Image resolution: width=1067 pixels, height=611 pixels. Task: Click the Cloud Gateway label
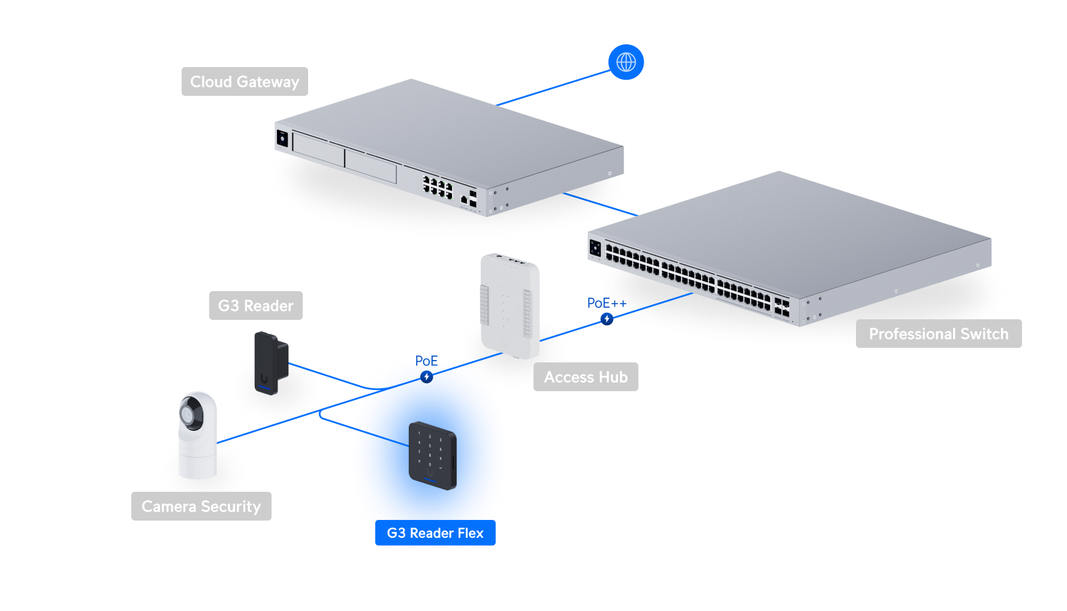245,81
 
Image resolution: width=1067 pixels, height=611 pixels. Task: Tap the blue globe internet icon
626,62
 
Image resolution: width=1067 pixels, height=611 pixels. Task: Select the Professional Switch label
938,334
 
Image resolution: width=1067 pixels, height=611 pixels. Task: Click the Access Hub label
586,377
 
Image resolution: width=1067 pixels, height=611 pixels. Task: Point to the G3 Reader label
255,305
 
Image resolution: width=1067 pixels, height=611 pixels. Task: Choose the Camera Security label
201,506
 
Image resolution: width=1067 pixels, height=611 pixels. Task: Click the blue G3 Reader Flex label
435,533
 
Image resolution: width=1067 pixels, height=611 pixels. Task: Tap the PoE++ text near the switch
606,303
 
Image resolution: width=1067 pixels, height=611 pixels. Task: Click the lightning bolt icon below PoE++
607,319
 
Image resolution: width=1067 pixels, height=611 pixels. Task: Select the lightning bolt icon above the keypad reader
426,377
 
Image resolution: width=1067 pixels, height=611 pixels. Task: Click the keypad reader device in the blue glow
432,455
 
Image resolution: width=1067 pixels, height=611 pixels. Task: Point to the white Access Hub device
510,305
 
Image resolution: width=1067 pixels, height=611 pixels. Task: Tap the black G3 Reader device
270,363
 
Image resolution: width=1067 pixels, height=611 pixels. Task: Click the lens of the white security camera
191,414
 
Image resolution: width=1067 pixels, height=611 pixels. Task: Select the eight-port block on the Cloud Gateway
437,187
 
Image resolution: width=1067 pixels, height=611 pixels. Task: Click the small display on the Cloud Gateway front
282,138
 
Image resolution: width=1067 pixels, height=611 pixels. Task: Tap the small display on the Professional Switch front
595,247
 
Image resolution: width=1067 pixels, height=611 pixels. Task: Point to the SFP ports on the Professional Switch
781,307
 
